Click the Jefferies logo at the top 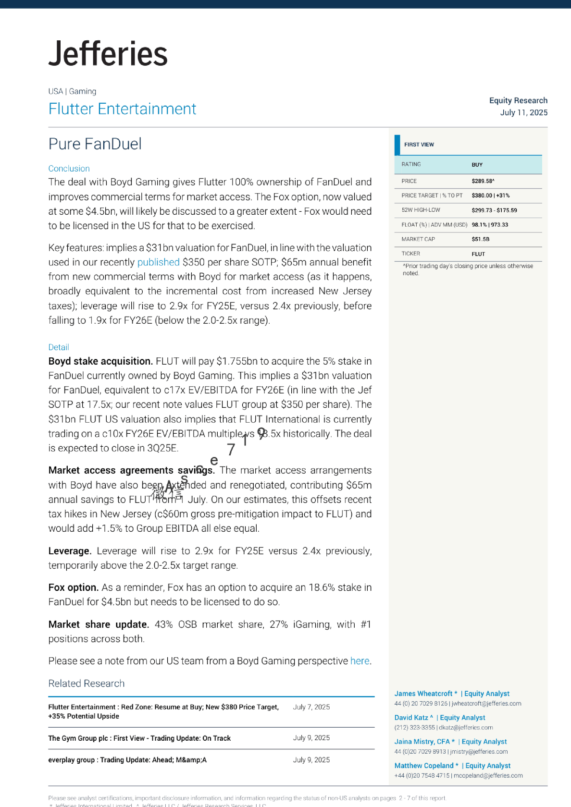pos(108,54)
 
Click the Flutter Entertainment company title pos(122,109)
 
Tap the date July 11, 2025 pos(523,112)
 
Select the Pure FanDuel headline pos(95,144)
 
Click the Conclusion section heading pos(69,169)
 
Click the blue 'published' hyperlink pos(158,262)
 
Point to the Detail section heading pos(59,347)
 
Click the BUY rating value pos(477,165)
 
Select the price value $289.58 pos(483,181)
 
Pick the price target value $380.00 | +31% pos(490,196)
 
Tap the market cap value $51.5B pos(480,239)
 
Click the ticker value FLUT pos(478,254)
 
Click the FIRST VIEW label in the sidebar pos(419,145)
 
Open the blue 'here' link pos(360,661)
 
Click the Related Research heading pos(87,684)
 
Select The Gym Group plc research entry pos(139,738)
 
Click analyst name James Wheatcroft pos(423,694)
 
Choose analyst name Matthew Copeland pos(424,766)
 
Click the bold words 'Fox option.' pos(74,587)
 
